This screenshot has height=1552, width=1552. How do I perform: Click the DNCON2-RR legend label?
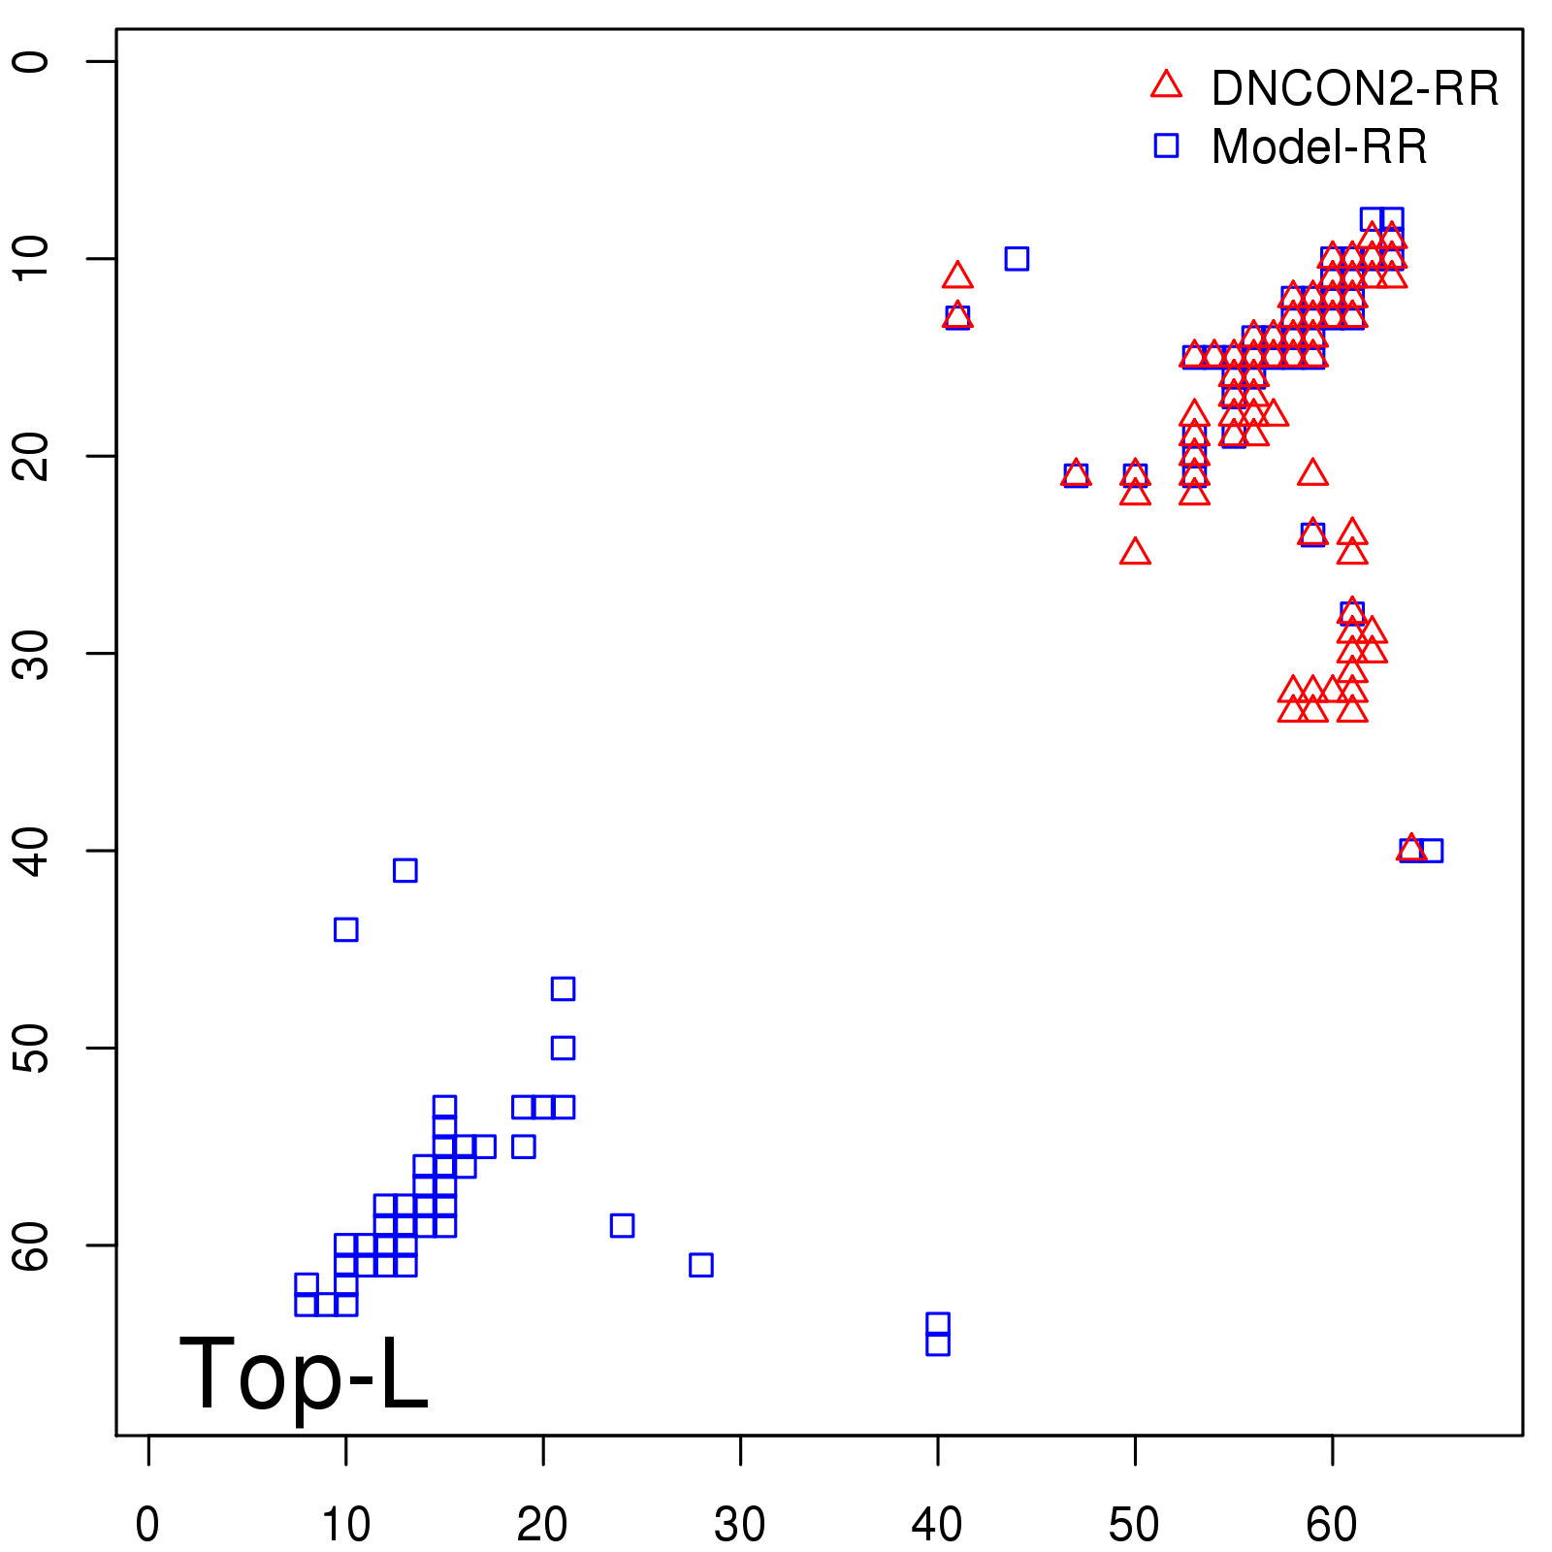tap(1354, 88)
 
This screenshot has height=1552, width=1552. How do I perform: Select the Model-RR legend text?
tap(1319, 147)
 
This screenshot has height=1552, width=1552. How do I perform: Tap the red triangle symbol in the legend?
tap(1166, 85)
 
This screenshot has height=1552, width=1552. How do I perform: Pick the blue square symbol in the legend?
tap(1166, 145)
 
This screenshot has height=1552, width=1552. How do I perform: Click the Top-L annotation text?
tap(304, 1374)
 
